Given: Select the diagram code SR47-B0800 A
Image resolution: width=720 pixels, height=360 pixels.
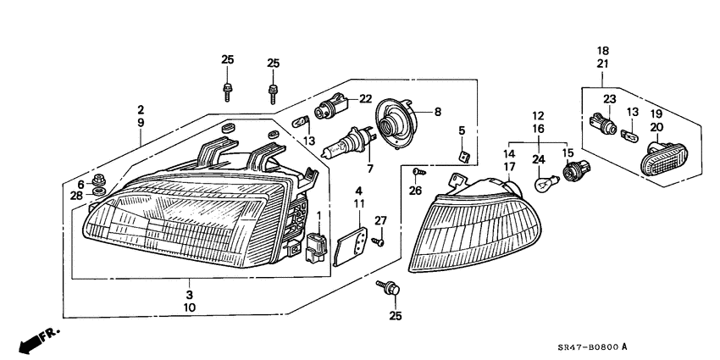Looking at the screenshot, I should (x=582, y=346).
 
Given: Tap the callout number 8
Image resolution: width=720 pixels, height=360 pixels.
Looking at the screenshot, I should (x=438, y=112).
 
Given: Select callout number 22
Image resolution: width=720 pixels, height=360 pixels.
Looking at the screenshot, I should (x=365, y=99).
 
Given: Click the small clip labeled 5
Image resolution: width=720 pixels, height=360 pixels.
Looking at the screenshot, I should (x=463, y=155).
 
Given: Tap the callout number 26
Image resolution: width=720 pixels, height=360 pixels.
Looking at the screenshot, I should (x=413, y=190).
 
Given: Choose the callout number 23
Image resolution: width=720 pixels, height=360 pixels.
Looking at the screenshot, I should (x=607, y=99).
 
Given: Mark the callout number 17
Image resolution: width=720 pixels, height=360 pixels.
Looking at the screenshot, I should (x=509, y=167).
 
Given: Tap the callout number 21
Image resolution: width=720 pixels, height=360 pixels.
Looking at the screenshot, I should (x=603, y=64).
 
